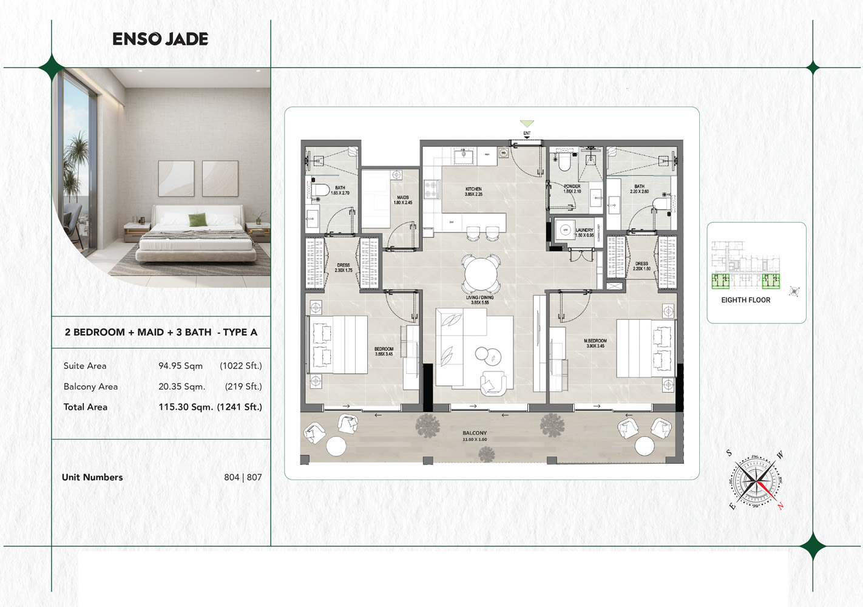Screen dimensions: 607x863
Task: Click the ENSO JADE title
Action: coord(160,39)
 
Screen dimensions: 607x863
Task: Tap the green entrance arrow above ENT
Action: coord(527,124)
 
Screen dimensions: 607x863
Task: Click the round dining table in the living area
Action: coord(481,274)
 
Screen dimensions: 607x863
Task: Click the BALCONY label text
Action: coord(475,433)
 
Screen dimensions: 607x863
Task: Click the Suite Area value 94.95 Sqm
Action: coord(180,366)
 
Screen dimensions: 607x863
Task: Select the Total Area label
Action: coord(86,407)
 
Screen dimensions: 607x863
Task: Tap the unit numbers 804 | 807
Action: coord(243,478)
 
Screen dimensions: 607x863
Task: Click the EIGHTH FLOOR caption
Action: coord(745,300)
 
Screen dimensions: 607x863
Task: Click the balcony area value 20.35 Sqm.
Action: coord(181,387)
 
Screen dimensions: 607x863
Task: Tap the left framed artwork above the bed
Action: coord(176,178)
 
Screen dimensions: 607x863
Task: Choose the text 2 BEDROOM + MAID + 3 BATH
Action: coord(138,333)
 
